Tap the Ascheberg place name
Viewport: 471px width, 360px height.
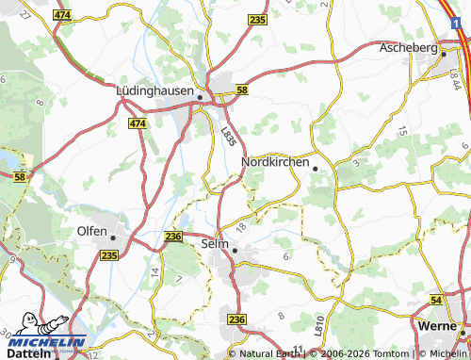click(408, 47)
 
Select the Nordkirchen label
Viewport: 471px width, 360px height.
click(275, 162)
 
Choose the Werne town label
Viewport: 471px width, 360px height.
click(436, 324)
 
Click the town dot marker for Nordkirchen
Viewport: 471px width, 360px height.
click(315, 169)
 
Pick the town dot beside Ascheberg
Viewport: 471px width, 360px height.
click(443, 54)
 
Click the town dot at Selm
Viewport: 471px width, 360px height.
click(235, 250)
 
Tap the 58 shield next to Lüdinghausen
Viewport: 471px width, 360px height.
click(242, 90)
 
